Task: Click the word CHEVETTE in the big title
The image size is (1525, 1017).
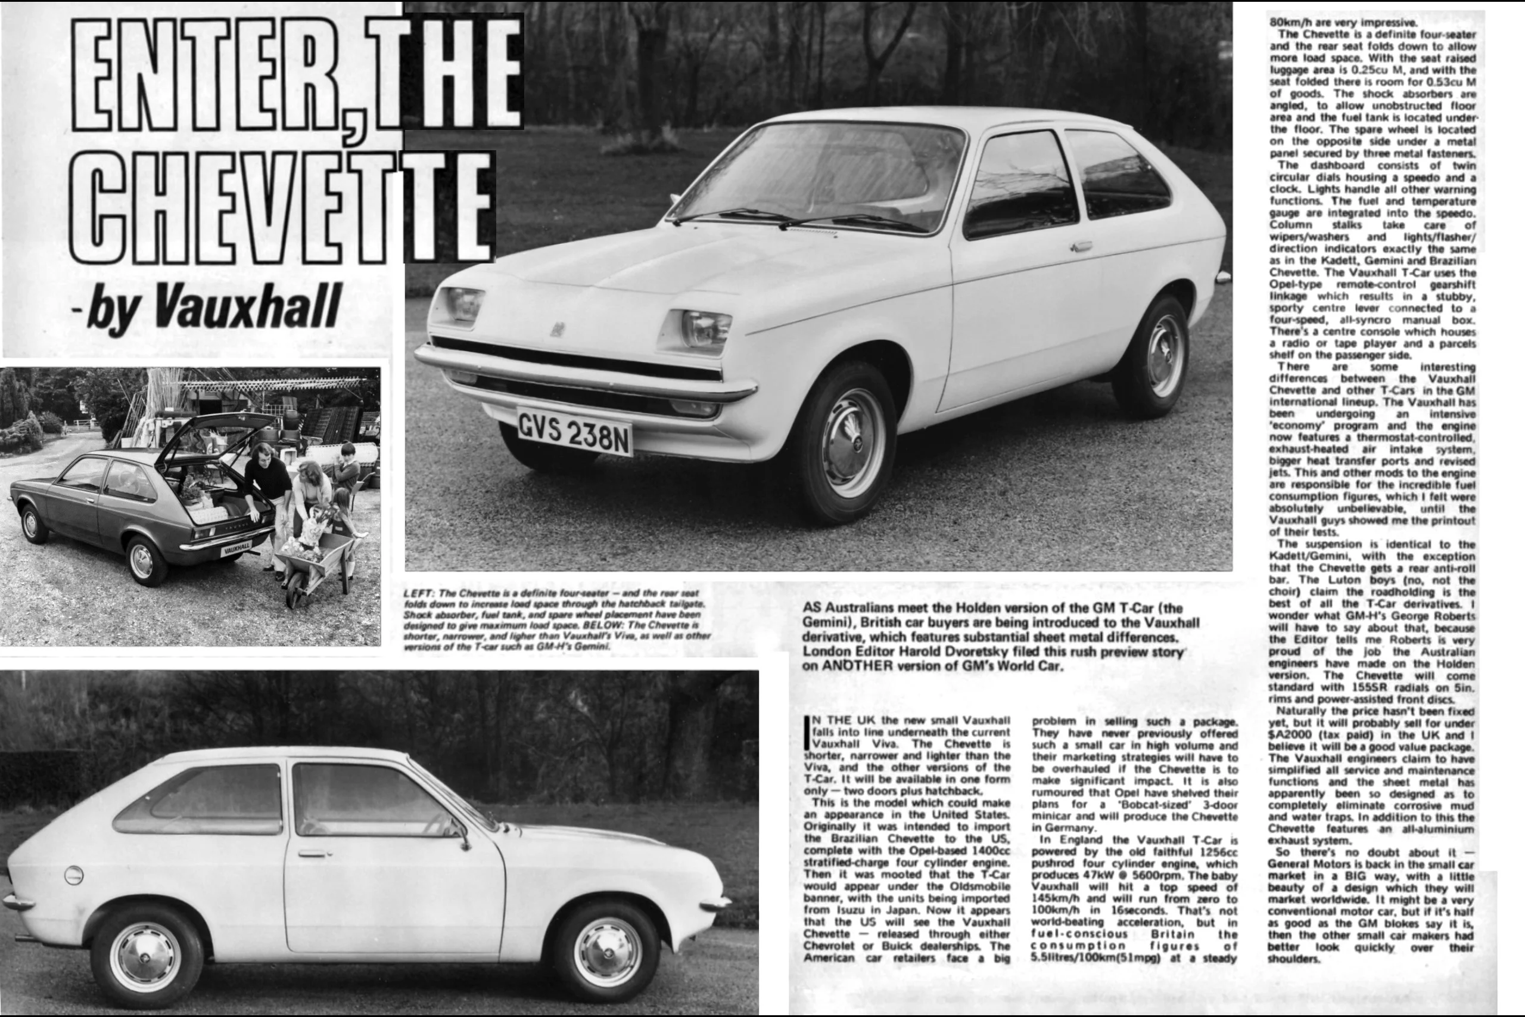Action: tap(282, 207)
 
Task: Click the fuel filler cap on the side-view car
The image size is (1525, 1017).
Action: tap(74, 876)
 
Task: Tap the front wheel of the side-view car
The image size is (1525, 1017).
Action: tap(607, 952)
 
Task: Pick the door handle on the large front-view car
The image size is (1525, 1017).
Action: tap(1081, 246)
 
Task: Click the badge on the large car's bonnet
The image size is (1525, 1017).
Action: tap(557, 330)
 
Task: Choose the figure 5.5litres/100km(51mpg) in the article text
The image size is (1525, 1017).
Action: tap(1095, 957)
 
